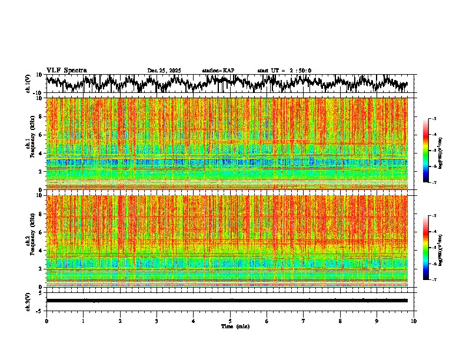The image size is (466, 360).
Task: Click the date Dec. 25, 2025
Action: tap(164, 71)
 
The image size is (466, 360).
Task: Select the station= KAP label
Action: tap(218, 71)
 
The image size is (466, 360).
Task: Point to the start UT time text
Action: tap(284, 71)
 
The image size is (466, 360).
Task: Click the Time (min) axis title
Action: tap(235, 326)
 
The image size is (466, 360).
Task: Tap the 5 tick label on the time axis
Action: tap(230, 321)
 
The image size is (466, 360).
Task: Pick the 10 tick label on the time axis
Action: tap(414, 321)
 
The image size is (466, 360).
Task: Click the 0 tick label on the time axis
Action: tap(46, 321)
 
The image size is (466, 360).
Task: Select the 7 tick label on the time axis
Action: tap(304, 321)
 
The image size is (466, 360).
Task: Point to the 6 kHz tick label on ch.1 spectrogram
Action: tap(41, 135)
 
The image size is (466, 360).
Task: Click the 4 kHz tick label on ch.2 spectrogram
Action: tap(41, 250)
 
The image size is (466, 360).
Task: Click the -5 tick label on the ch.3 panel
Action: tap(40, 310)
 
